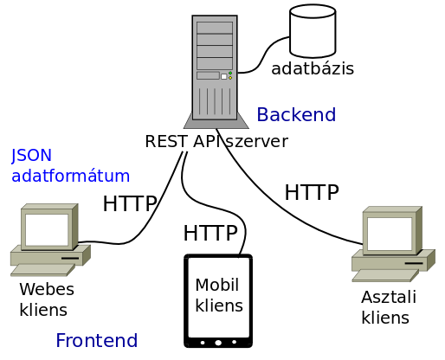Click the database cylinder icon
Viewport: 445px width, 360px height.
point(313,31)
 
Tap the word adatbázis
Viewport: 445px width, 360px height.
point(313,68)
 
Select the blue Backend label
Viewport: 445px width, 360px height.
point(296,114)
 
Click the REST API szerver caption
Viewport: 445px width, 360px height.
point(216,141)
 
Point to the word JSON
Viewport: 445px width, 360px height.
point(31,155)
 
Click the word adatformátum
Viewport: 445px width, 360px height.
point(70,176)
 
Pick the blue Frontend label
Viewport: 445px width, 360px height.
point(97,340)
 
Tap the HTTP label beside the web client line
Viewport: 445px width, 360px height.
point(130,203)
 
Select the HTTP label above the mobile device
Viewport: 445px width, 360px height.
point(210,233)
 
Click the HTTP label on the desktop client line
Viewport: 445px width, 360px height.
point(312,192)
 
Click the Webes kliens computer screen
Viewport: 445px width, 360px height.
point(47,229)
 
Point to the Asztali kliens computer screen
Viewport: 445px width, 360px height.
point(389,234)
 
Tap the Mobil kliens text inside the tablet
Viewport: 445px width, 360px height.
point(219,295)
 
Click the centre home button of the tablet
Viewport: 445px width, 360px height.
point(218,343)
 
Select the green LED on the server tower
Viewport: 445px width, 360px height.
point(230,74)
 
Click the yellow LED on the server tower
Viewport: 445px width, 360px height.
point(230,78)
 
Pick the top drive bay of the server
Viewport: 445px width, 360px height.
point(215,28)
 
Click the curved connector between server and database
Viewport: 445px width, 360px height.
point(263,55)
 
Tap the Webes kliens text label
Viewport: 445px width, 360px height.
point(47,299)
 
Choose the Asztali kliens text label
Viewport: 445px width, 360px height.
point(389,307)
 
